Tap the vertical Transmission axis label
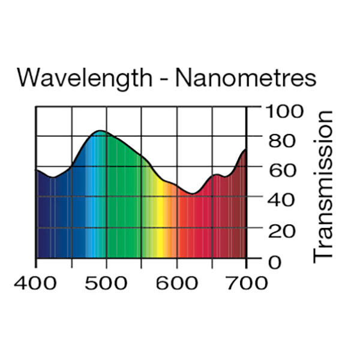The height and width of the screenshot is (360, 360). click(323, 185)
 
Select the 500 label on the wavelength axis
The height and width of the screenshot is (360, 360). click(106, 283)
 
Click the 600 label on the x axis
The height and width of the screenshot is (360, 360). click(176, 283)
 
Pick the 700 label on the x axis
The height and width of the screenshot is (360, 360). click(247, 283)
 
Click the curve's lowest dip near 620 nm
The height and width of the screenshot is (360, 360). click(192, 194)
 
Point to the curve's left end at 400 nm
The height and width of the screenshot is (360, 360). click(37, 170)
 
